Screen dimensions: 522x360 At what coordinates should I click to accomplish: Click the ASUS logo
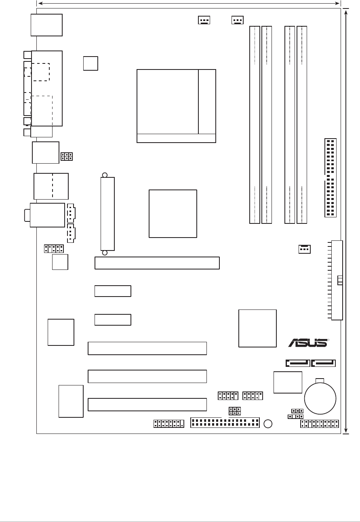(307, 343)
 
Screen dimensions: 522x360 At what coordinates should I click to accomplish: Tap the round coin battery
(320, 398)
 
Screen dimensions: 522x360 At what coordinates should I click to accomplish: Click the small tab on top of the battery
(320, 380)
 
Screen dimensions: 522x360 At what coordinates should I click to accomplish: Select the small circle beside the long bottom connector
(267, 423)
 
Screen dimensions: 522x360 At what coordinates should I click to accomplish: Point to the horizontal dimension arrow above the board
(189, 3)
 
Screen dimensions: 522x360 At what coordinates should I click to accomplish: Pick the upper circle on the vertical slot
(105, 175)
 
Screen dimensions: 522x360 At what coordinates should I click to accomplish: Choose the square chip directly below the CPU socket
(173, 213)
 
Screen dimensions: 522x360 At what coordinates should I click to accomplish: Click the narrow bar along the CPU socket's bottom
(176, 138)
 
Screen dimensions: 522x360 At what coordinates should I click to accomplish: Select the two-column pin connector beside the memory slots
(331, 178)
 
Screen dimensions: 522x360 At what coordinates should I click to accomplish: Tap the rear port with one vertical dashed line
(51, 186)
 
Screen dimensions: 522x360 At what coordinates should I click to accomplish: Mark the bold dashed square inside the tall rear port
(40, 72)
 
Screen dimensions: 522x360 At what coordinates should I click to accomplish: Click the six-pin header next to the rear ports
(67, 156)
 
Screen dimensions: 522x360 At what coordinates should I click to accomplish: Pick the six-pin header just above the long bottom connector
(235, 411)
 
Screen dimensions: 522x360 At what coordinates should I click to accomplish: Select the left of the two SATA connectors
(298, 363)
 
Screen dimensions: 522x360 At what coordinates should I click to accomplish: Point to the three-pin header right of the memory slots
(304, 250)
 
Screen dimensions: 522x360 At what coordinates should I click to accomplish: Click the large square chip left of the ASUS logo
(257, 328)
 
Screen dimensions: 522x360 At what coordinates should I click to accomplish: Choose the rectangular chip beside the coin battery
(288, 382)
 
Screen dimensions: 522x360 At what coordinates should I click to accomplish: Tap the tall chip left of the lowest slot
(71, 401)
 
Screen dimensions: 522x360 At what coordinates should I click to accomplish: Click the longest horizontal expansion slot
(157, 263)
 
